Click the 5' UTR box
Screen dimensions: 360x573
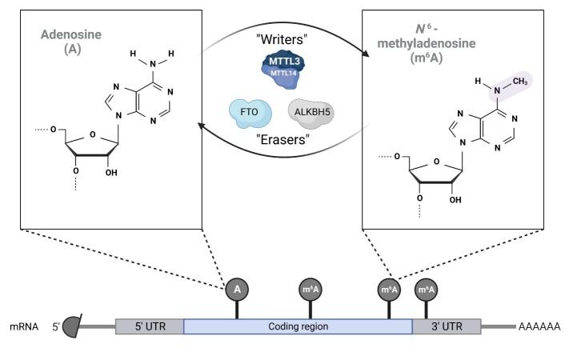pyautogui.click(x=150, y=326)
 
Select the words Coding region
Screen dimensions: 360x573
pyautogui.click(x=298, y=326)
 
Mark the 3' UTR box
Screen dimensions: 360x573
pyautogui.click(x=446, y=326)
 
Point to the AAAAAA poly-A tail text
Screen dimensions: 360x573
pyautogui.click(x=540, y=326)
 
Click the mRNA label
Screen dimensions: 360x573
pyautogui.click(x=25, y=326)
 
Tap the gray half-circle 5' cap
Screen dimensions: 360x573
pyautogui.click(x=72, y=326)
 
